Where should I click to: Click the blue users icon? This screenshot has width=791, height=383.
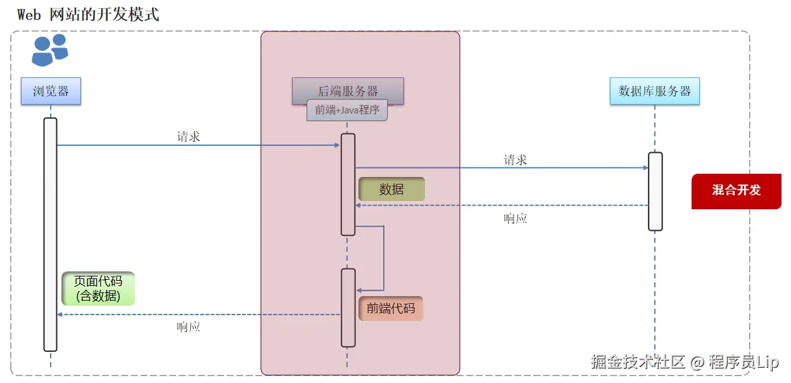click(50, 50)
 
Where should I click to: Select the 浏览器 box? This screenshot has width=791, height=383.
click(51, 91)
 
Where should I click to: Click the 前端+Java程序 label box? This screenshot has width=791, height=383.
click(347, 110)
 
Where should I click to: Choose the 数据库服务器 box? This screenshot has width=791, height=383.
click(655, 91)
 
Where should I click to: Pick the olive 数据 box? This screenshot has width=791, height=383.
click(391, 189)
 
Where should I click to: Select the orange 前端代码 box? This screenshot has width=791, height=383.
click(391, 308)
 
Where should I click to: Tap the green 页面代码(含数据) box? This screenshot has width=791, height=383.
click(98, 289)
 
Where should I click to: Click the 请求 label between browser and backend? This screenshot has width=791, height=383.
click(189, 136)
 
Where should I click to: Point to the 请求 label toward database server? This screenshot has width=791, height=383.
click(516, 160)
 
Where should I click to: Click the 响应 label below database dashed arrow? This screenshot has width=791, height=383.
click(516, 219)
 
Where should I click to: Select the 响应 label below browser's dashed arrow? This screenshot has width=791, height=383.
click(189, 327)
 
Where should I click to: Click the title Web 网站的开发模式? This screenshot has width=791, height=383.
click(88, 15)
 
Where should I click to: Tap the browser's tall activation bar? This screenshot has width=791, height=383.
click(51, 235)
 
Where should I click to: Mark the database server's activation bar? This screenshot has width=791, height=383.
click(655, 191)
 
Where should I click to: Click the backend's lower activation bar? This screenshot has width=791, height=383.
click(348, 308)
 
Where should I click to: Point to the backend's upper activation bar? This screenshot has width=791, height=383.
click(348, 185)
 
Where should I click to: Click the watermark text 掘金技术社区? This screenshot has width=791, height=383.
click(638, 362)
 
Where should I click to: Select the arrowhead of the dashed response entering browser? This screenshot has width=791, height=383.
click(60, 315)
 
